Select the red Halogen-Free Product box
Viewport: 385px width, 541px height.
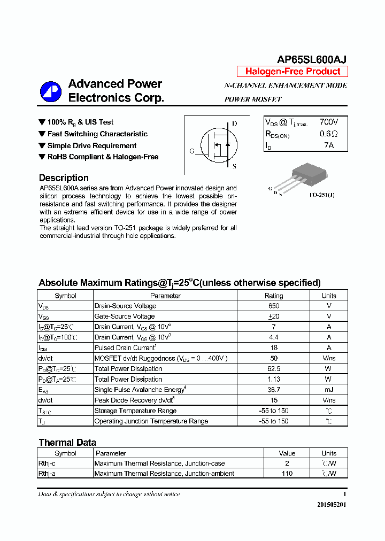click(x=292, y=72)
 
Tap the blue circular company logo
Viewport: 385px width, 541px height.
click(x=51, y=91)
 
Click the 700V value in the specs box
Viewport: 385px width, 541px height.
click(x=329, y=122)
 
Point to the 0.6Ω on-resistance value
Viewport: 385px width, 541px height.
click(x=329, y=134)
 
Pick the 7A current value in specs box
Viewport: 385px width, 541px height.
click(x=329, y=145)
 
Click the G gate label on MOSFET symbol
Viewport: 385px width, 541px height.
click(x=191, y=151)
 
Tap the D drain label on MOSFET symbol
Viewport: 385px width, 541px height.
click(x=234, y=123)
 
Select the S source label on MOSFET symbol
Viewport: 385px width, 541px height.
click(x=234, y=166)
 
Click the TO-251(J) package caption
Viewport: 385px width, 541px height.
click(x=322, y=195)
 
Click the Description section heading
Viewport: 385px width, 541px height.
click(x=64, y=178)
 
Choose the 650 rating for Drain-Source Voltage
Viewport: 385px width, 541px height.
click(x=274, y=306)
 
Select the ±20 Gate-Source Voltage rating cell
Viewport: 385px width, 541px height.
click(x=274, y=316)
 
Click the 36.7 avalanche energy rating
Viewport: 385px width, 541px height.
click(x=274, y=390)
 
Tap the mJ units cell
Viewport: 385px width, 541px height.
click(x=329, y=390)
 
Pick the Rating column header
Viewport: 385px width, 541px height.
click(x=274, y=296)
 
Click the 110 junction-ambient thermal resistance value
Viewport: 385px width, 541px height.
click(x=287, y=474)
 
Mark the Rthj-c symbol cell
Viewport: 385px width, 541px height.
click(x=47, y=463)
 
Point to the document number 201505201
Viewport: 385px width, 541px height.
click(x=332, y=505)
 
